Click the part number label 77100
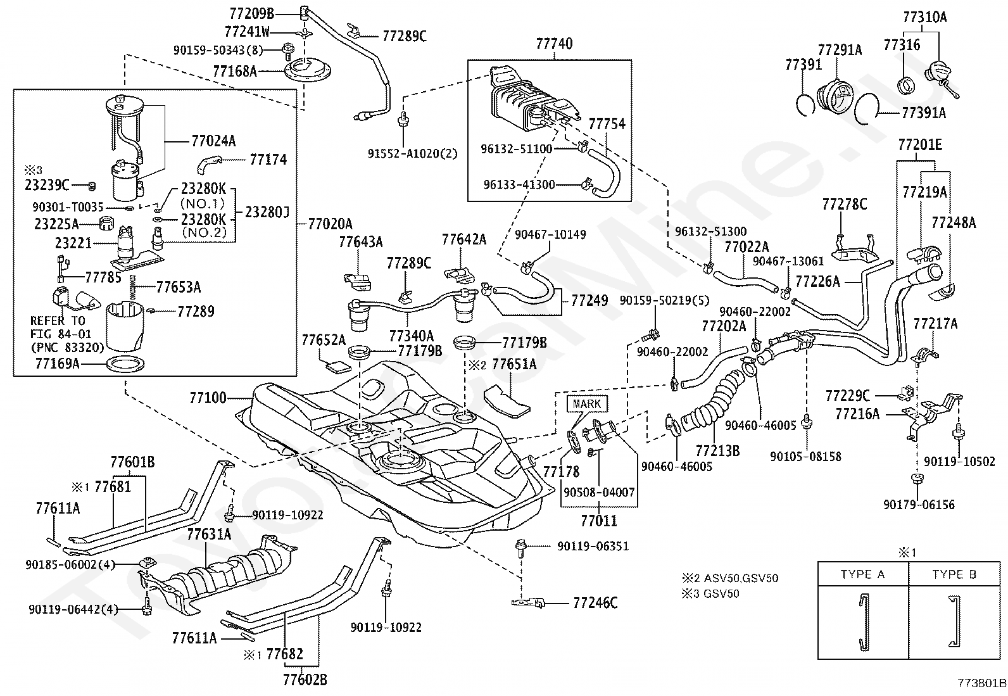207,398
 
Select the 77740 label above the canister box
554,44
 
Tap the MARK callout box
587,403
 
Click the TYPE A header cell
862,574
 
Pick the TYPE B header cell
954,574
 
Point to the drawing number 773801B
981,683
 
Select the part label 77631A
209,535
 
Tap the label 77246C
595,602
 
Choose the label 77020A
330,224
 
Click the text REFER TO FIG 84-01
61,327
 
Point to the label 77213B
717,450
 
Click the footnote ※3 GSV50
710,593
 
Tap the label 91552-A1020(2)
412,153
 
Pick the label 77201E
919,145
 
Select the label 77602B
305,680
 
